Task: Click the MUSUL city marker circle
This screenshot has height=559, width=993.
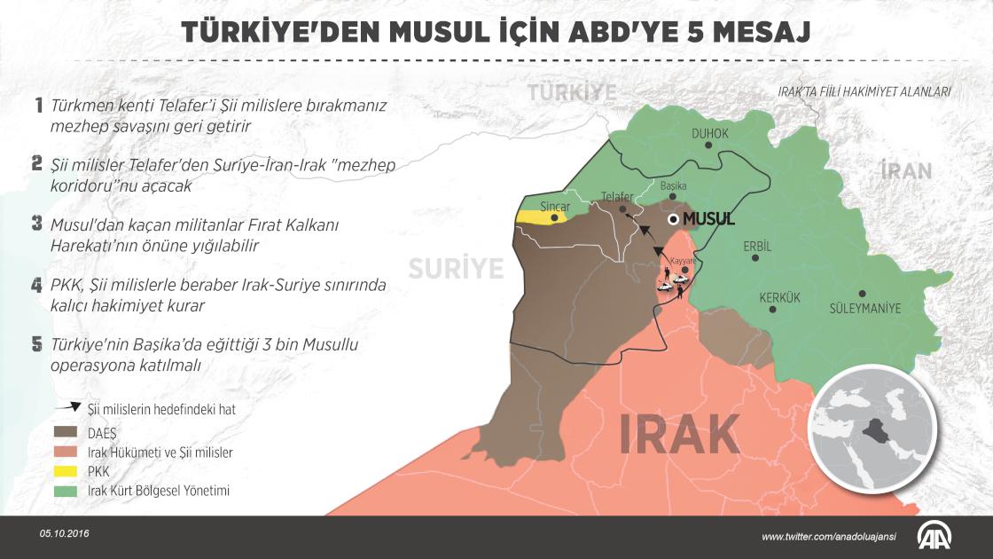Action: coord(675,219)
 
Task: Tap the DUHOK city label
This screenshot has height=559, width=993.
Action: coord(709,133)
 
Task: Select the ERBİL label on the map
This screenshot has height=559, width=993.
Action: coord(757,246)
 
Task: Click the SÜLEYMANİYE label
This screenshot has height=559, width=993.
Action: coord(864,309)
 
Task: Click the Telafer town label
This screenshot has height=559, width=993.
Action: coord(617,196)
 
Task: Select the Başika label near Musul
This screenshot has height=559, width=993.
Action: coord(674,185)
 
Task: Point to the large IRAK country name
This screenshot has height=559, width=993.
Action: coord(678,435)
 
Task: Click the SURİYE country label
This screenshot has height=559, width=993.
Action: coord(455,267)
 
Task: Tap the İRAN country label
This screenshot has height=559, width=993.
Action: coord(906,170)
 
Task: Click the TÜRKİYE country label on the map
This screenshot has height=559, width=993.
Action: coord(572,92)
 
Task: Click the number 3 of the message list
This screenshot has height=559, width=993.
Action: coord(37,224)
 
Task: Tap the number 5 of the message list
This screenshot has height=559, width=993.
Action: coord(37,343)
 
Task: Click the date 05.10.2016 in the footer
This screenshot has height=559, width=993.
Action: coord(65,534)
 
